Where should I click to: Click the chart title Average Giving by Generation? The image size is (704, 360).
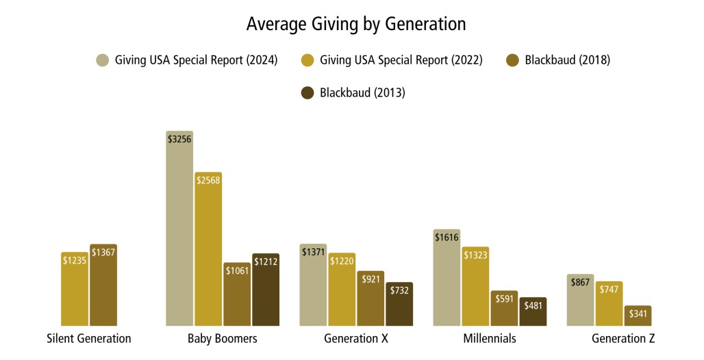click(356, 24)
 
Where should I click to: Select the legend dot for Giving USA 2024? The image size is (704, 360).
click(103, 60)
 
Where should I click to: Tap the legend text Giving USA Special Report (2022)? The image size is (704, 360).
click(401, 60)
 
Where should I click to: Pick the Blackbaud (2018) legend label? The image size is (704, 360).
click(567, 60)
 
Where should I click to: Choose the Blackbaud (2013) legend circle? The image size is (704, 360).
click(308, 92)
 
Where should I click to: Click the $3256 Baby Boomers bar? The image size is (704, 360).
click(179, 233)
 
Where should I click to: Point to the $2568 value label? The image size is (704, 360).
click(208, 180)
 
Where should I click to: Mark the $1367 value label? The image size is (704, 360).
click(103, 253)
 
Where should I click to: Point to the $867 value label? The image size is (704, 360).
click(580, 283)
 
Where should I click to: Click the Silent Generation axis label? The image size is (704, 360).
click(89, 339)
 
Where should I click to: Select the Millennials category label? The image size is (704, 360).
click(490, 339)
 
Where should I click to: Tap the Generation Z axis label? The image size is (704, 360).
click(623, 339)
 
